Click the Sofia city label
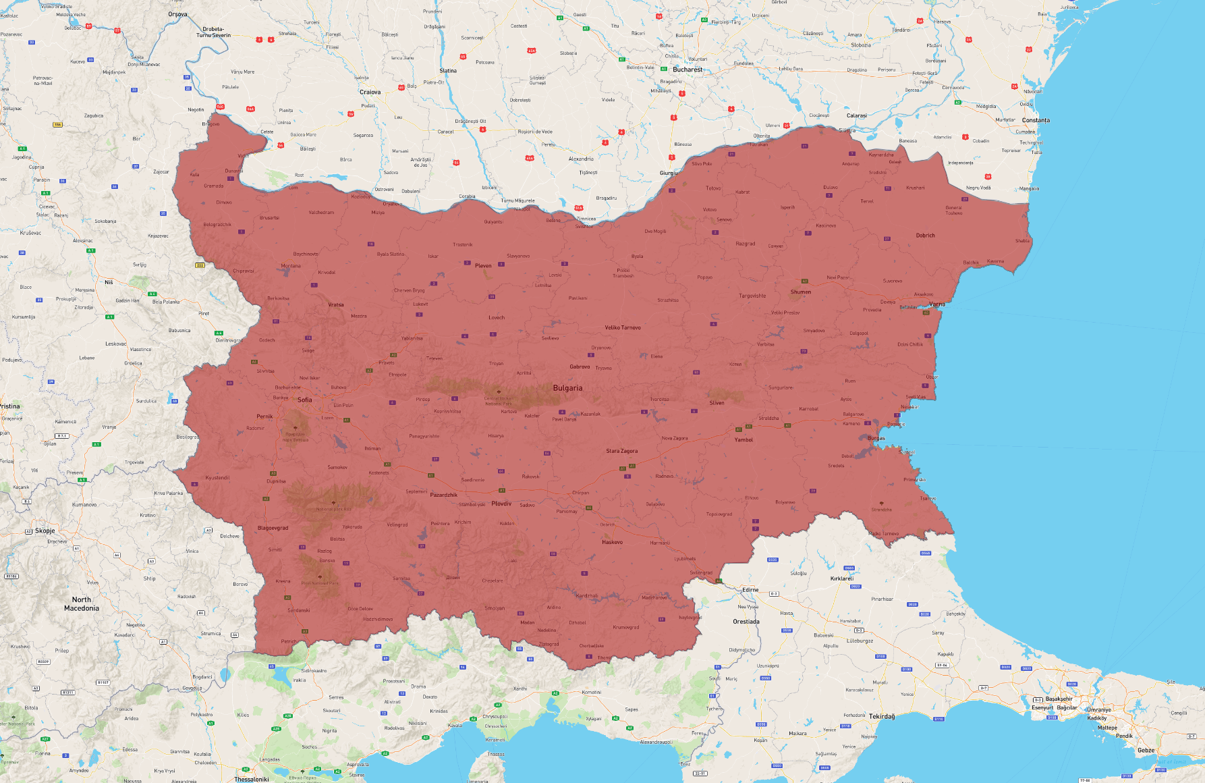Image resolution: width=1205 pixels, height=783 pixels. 305,400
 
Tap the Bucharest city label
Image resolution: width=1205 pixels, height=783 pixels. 688,70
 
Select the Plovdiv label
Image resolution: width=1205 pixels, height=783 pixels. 501,504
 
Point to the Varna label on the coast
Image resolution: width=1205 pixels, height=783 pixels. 936,304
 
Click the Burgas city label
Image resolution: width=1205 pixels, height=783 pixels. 876,438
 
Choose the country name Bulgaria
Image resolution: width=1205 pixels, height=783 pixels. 567,388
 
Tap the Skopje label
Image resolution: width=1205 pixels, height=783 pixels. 45,531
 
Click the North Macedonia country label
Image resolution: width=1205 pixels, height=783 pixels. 82,604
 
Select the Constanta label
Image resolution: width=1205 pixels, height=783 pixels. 1036,120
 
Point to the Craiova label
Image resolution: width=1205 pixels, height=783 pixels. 370,92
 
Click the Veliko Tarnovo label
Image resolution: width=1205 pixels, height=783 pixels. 623,327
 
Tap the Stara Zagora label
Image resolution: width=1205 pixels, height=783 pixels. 621,451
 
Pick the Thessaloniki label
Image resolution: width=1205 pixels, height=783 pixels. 252,779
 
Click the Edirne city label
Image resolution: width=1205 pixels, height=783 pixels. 750,589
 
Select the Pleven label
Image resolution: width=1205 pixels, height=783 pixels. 483,265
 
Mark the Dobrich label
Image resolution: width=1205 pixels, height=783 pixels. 925,236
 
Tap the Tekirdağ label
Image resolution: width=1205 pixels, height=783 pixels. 882,716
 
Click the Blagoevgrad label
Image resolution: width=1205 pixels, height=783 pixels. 273,528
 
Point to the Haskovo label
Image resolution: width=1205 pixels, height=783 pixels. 612,542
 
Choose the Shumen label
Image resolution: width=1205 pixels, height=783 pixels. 801,292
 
